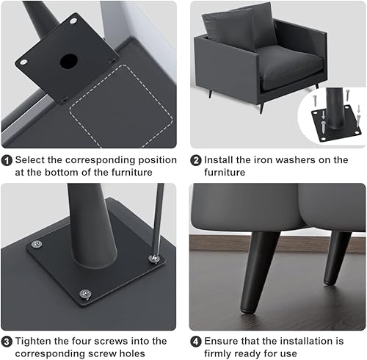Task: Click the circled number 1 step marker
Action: pos(7,159)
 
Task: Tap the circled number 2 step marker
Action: pos(196,159)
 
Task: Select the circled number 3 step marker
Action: pos(7,340)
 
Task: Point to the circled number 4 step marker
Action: pos(196,340)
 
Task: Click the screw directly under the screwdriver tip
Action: pos(153,258)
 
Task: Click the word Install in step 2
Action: pos(222,159)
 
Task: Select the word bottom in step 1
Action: pos(54,173)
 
